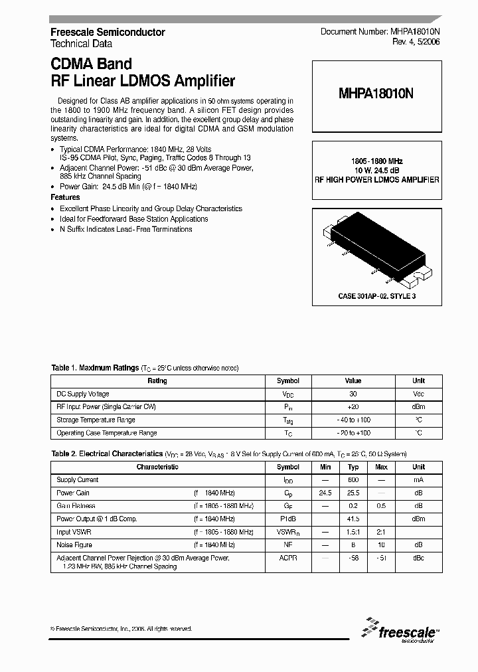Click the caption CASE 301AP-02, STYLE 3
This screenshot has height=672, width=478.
pos(376,296)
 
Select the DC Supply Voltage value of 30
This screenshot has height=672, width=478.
pos(353,394)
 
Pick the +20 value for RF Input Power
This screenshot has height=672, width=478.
pos(353,407)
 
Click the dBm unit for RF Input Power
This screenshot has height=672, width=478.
pos(418,407)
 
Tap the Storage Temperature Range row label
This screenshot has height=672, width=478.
pos(96,420)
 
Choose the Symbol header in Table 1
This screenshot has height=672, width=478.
pos(287,381)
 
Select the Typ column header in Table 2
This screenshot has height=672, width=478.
pos(353,467)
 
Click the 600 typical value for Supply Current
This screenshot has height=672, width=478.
pos(353,480)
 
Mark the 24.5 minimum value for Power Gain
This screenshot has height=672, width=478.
pos(325,493)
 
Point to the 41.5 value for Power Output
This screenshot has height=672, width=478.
pos(353,519)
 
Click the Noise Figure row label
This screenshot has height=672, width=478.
pos(75,545)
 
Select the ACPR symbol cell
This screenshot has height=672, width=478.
pos(287,558)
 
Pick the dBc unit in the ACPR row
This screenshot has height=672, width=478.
pos(418,558)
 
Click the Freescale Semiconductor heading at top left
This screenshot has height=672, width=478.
pos(108,32)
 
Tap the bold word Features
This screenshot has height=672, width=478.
pos(65,197)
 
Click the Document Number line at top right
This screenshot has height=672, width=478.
pos(380,32)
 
